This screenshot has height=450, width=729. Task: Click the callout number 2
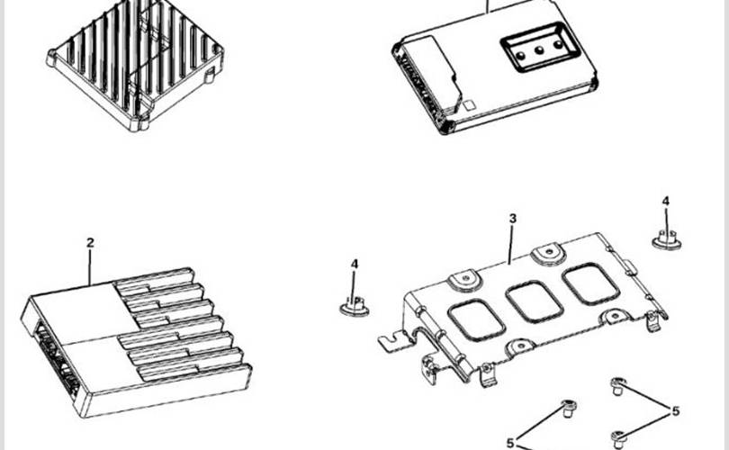click(90, 243)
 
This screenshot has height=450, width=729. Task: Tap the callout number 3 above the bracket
click(512, 219)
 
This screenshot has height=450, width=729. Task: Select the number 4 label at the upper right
click(666, 202)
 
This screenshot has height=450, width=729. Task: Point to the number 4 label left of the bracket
click(355, 264)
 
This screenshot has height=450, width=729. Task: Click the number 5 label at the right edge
click(676, 411)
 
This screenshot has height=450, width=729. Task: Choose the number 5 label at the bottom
click(510, 443)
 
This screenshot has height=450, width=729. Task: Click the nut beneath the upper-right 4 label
click(666, 240)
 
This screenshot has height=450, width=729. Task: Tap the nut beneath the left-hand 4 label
click(355, 306)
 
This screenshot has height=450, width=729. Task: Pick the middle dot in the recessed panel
click(539, 50)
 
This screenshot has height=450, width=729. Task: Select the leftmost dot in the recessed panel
click(521, 56)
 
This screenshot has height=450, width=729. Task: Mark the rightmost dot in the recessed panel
click(558, 45)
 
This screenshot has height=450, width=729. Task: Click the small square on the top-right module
click(469, 105)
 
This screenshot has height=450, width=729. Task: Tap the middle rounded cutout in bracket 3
click(535, 301)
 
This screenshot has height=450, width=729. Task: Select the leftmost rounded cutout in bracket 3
click(476, 320)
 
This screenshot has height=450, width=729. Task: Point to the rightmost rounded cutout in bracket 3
click(591, 283)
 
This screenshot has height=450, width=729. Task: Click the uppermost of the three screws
click(618, 386)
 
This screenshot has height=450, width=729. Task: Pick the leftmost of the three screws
click(569, 408)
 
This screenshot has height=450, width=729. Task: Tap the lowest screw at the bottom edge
click(618, 439)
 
